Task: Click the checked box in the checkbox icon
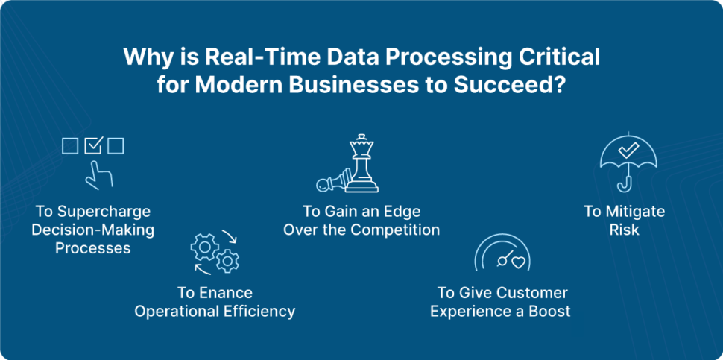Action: click(x=93, y=145)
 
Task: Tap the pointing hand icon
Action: click(x=98, y=174)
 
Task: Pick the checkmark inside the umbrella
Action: click(x=628, y=150)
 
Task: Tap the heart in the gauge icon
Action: click(x=518, y=262)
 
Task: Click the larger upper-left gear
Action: click(x=205, y=248)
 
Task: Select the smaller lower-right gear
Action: click(x=227, y=261)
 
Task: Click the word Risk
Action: click(x=625, y=230)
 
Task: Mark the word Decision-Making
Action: click(x=92, y=230)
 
